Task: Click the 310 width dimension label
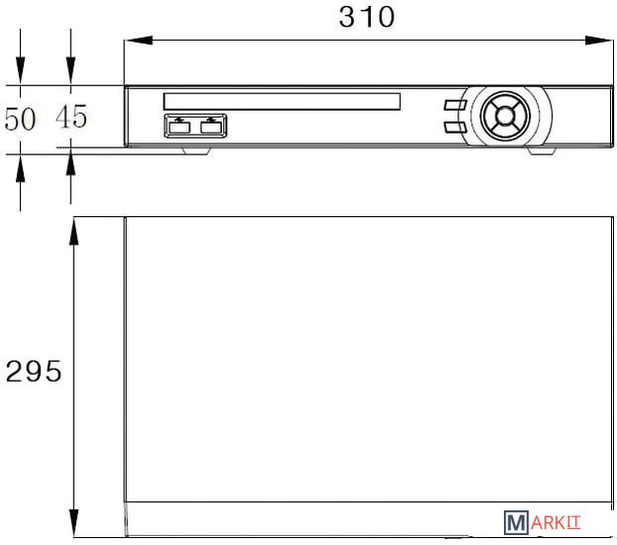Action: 366,17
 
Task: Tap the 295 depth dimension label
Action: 34,372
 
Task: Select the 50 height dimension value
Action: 20,119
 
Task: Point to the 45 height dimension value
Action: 70,117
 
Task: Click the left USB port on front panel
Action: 180,128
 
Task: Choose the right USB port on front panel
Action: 211,128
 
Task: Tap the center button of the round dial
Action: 505,116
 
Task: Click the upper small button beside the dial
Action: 455,105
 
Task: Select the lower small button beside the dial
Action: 455,127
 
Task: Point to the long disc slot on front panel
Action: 282,101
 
